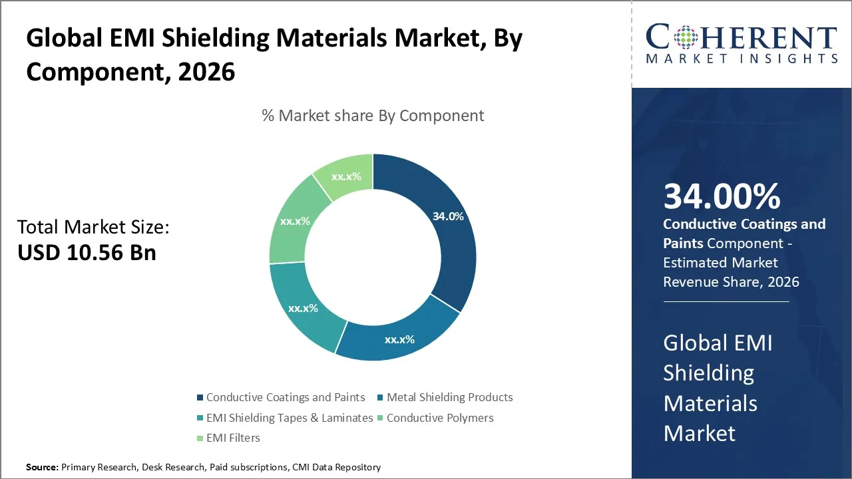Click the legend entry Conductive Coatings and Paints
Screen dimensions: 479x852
coord(286,397)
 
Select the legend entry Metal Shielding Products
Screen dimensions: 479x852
coord(449,397)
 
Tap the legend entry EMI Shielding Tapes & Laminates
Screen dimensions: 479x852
coord(290,418)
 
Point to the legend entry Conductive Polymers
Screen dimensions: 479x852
coord(440,418)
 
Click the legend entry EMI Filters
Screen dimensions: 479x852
coord(233,438)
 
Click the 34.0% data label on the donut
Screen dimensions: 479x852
coord(447,216)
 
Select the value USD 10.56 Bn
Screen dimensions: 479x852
coord(87,253)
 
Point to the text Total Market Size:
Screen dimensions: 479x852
coord(93,227)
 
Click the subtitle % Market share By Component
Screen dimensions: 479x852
coord(373,116)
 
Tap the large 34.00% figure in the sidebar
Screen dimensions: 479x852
coord(722,197)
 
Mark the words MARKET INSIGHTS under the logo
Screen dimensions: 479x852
coord(742,59)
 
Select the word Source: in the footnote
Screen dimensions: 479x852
coord(42,468)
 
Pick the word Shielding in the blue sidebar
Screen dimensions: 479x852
coord(708,373)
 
